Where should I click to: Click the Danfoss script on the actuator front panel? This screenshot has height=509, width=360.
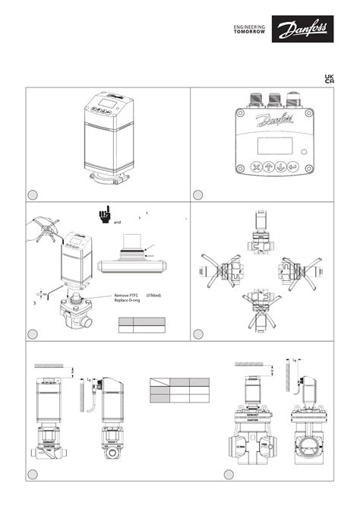point(271,121)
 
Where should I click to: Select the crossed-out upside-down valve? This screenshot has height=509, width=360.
point(260,312)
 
